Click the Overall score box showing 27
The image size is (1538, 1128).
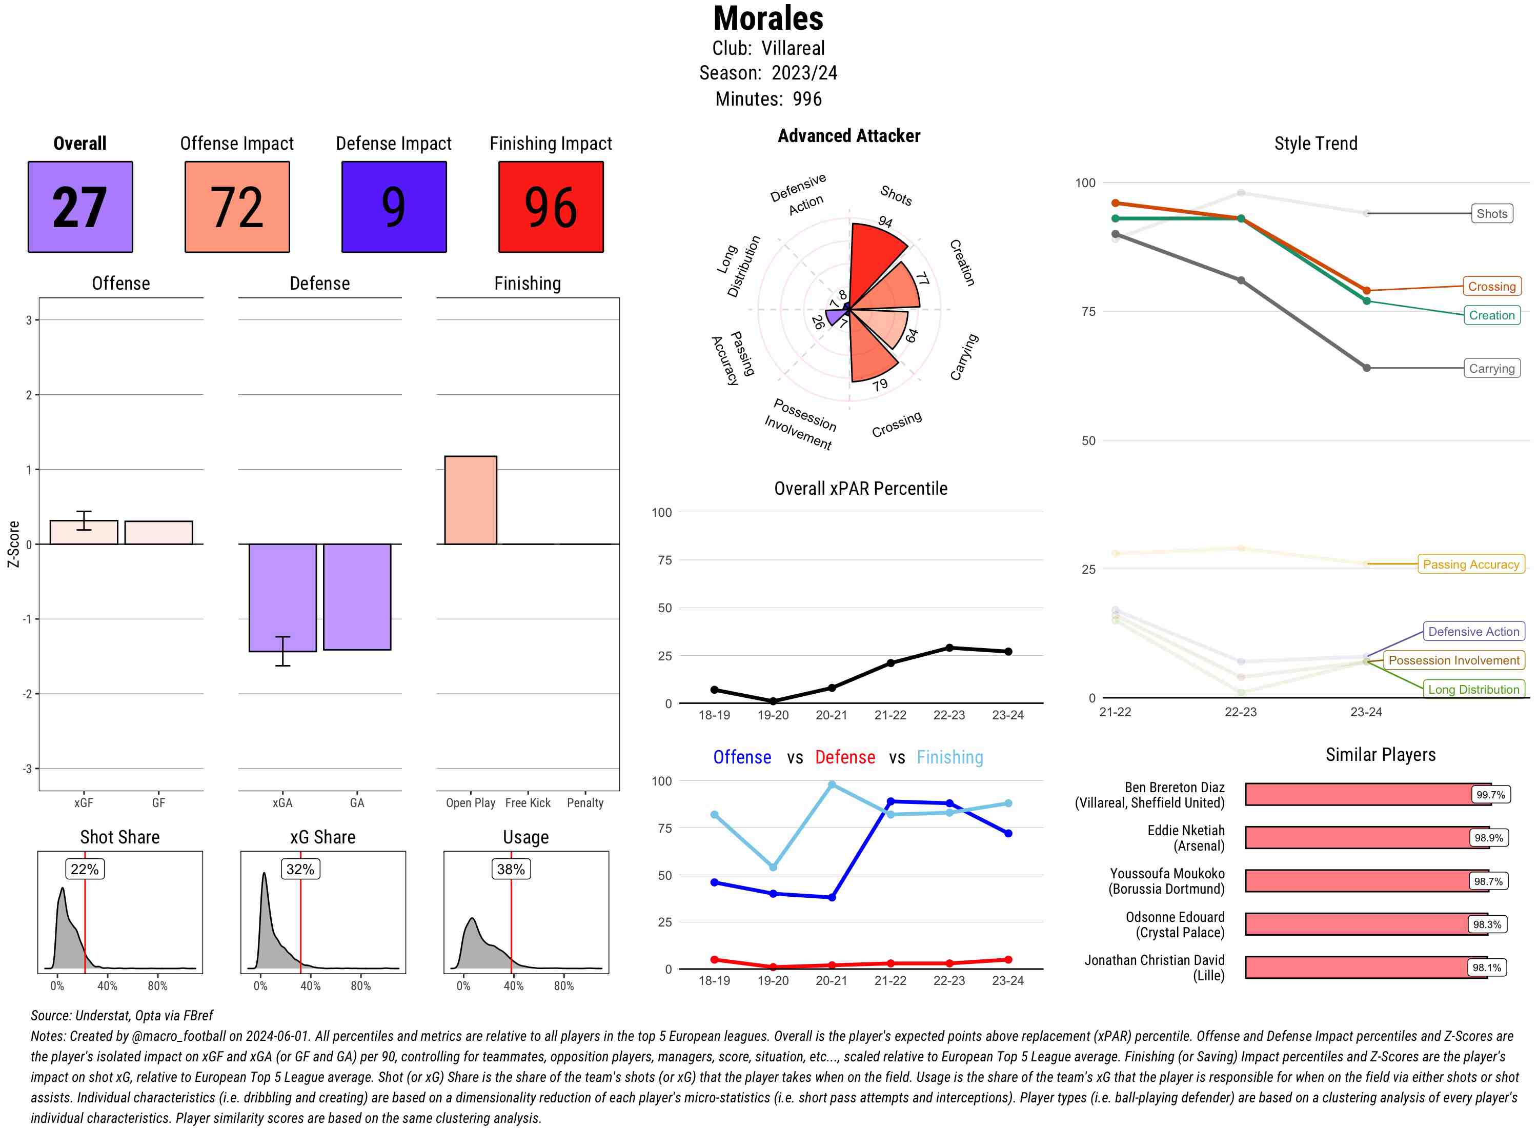pyautogui.click(x=80, y=207)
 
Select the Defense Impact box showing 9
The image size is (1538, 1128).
pyautogui.click(x=393, y=207)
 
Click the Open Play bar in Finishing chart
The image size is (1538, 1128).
pyautogui.click(x=470, y=500)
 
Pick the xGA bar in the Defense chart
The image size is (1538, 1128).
pyautogui.click(x=282, y=597)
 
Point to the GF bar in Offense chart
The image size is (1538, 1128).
pyautogui.click(x=158, y=533)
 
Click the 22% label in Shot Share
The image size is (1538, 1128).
pyautogui.click(x=85, y=869)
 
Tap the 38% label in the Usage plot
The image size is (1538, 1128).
pyautogui.click(x=511, y=869)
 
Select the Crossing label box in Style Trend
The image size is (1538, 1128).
pyautogui.click(x=1491, y=287)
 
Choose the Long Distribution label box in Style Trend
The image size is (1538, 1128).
pyautogui.click(x=1473, y=690)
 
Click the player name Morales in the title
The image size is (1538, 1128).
pyautogui.click(x=768, y=18)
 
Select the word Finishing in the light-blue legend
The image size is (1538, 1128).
pyautogui.click(x=949, y=757)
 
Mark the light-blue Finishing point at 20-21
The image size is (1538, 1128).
pyautogui.click(x=832, y=785)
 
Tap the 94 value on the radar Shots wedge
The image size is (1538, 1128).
pyautogui.click(x=885, y=222)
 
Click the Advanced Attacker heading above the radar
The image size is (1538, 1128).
pyautogui.click(x=848, y=136)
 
